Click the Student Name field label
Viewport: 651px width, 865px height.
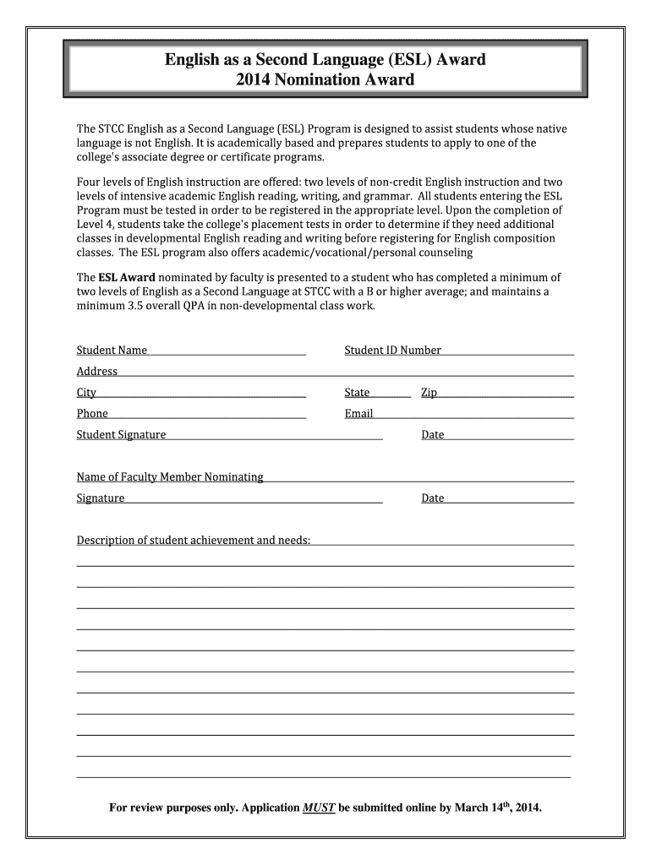pyautogui.click(x=112, y=350)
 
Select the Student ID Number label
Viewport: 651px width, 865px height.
pyautogui.click(x=392, y=350)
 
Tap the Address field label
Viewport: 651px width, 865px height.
pyautogui.click(x=97, y=371)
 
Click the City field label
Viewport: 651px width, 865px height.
pyautogui.click(x=86, y=392)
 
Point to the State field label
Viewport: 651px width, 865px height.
pyautogui.click(x=357, y=392)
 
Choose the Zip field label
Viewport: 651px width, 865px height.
pyautogui.click(x=429, y=392)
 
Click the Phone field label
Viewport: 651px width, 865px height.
pyautogui.click(x=92, y=413)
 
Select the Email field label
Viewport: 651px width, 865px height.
pyautogui.click(x=358, y=413)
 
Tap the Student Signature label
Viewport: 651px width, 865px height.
pyautogui.click(x=121, y=434)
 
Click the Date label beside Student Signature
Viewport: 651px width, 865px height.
pyautogui.click(x=432, y=434)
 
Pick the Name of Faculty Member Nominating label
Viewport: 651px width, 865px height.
pyautogui.click(x=170, y=476)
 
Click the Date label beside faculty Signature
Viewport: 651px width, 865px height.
pyautogui.click(x=432, y=498)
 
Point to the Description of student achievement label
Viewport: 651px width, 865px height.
pyautogui.click(x=194, y=540)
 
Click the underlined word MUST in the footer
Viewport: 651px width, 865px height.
pyautogui.click(x=320, y=808)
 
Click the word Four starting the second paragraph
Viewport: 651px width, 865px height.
pyautogui.click(x=89, y=182)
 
